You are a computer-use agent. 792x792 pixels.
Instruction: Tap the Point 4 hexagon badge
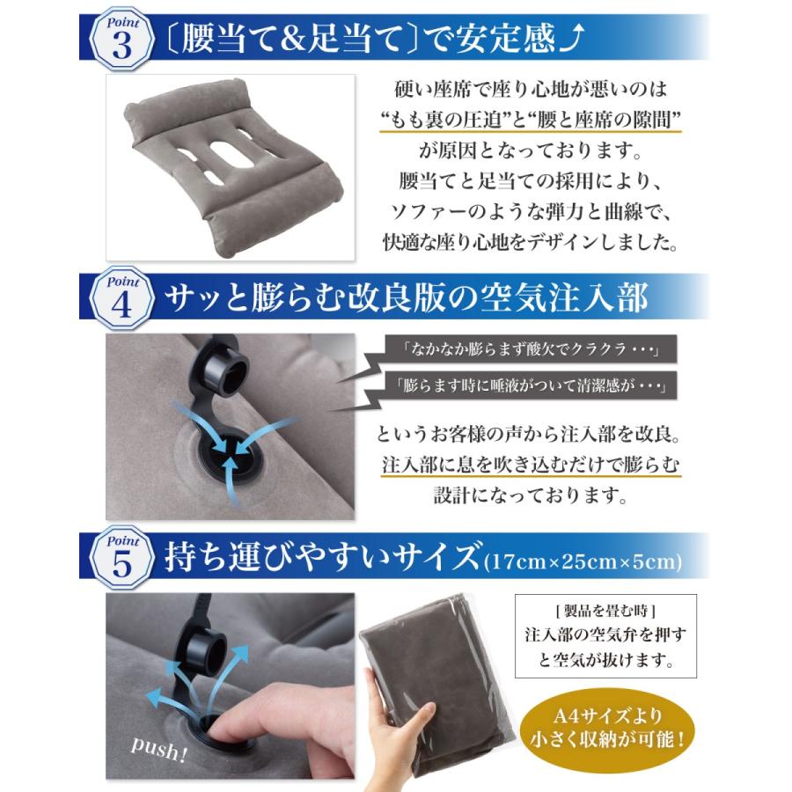point(122,300)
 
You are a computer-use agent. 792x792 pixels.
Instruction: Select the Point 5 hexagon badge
point(122,560)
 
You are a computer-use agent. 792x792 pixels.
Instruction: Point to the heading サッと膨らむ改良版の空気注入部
point(406,300)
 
